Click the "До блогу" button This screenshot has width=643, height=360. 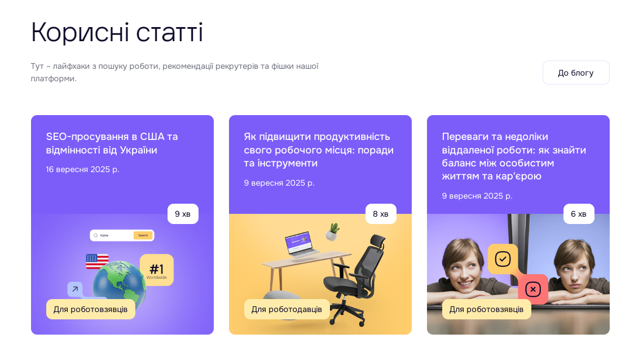coord(576,73)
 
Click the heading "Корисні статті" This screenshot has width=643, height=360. coord(117,32)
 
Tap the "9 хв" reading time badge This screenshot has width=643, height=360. coord(183,214)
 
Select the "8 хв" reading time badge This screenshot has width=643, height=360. coord(381,214)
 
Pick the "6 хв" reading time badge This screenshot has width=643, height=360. coord(579,214)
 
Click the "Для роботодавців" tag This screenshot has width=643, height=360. coord(287,309)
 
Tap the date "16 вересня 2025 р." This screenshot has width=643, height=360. coord(82,169)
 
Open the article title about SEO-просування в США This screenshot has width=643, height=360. coord(112,143)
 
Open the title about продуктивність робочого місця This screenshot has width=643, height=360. coord(319,150)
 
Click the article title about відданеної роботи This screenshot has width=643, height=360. coord(514,156)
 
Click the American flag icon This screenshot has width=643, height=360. coord(97,261)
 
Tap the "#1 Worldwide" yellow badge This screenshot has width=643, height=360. coord(157,270)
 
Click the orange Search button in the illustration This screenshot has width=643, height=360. coord(143,235)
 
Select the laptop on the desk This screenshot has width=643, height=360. coord(302,244)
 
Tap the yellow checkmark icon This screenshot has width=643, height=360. coord(503,259)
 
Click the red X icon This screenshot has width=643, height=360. coord(533,289)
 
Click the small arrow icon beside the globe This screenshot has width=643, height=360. coord(75,289)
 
